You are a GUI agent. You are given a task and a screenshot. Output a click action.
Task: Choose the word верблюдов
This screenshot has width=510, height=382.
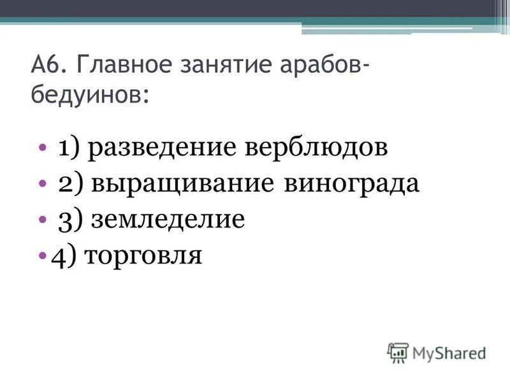tap(316, 148)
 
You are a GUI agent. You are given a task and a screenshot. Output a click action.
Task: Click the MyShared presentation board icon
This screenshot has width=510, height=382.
tap(398, 352)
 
